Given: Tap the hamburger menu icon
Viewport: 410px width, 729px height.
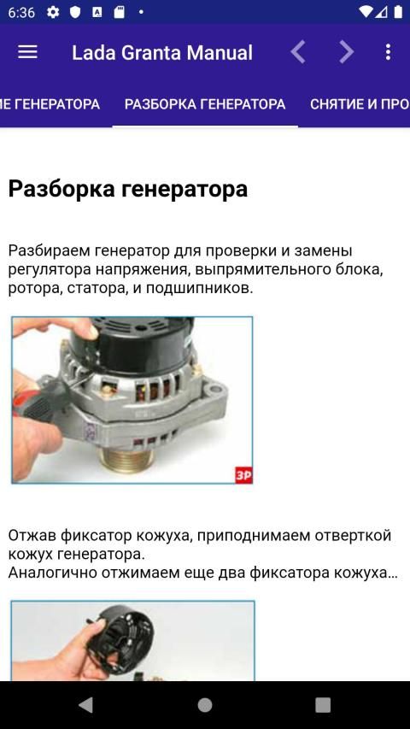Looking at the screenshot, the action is (x=27, y=52).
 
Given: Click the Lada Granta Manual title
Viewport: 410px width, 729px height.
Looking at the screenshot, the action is (x=162, y=52).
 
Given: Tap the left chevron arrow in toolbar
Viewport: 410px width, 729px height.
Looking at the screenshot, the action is (x=298, y=52).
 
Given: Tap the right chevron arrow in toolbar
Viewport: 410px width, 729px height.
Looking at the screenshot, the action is (x=346, y=52).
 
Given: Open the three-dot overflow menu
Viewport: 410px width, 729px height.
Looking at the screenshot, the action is (x=388, y=52).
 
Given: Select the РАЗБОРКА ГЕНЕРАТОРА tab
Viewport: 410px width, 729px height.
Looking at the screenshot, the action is (x=205, y=104).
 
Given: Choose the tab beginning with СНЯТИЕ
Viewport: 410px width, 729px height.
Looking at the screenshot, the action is (x=360, y=104).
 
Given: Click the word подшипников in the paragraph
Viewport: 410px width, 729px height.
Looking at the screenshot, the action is (x=199, y=288).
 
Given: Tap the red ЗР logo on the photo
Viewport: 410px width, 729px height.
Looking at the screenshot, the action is (x=243, y=474).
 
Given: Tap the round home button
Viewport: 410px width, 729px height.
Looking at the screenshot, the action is (x=205, y=705).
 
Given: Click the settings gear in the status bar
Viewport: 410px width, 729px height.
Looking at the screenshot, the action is (x=54, y=12).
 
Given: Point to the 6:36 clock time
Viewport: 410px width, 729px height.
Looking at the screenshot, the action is (x=21, y=13).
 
